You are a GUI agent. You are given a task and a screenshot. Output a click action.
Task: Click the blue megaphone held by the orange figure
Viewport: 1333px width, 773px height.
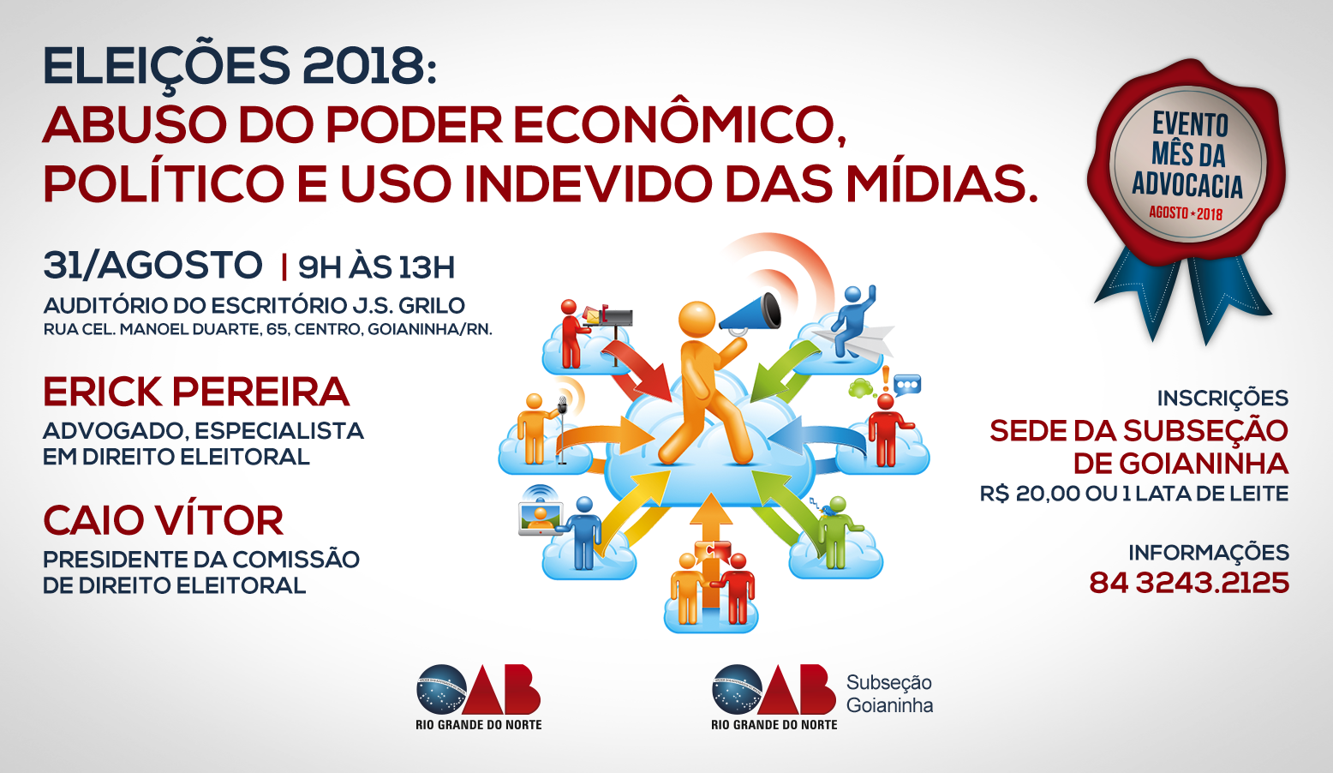coord(751,314)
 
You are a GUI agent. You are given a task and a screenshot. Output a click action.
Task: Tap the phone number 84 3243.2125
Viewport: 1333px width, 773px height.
coord(1189,583)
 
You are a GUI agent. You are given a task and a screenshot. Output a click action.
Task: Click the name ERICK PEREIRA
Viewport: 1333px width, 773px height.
coord(196,392)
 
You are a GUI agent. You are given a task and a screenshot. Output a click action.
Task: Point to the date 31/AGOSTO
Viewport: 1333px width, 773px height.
coord(152,265)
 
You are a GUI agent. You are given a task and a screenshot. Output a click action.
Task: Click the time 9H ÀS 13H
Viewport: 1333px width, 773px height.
coord(376,267)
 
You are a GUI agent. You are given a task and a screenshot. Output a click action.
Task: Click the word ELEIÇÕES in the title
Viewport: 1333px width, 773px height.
coord(166,67)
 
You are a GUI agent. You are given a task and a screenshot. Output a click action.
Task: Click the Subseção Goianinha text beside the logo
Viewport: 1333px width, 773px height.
coord(889,694)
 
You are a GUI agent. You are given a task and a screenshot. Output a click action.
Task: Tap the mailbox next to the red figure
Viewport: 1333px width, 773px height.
coord(609,318)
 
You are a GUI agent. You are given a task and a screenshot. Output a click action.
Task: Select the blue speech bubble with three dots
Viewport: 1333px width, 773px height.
coord(907,385)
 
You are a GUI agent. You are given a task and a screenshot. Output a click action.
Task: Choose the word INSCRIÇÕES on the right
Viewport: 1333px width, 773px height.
coord(1222,398)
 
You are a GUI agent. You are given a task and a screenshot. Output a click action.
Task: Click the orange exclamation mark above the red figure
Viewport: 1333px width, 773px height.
coord(886,379)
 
